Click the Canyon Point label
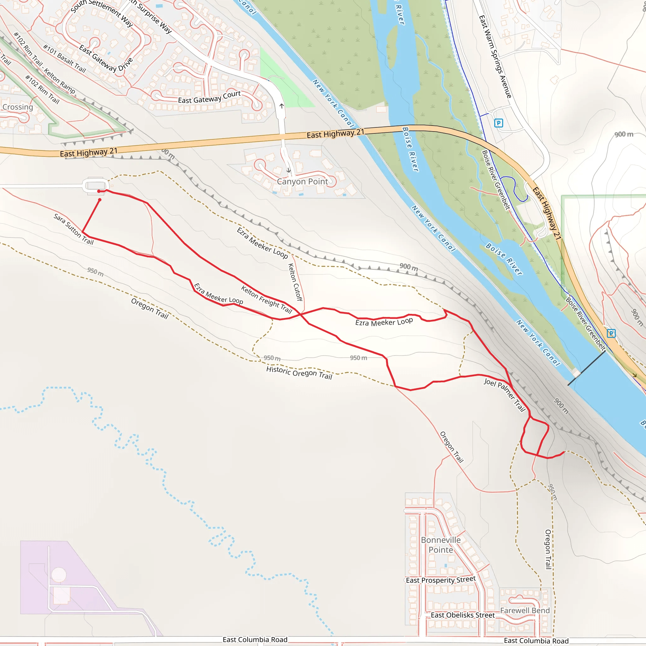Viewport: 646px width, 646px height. click(302, 182)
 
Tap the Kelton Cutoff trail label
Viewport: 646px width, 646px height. click(295, 282)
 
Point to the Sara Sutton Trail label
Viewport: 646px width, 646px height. click(73, 229)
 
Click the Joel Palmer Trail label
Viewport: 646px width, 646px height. click(505, 395)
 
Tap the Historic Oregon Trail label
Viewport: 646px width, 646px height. click(299, 373)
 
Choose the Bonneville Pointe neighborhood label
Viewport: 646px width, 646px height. click(441, 545)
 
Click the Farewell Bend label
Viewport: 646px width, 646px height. click(525, 611)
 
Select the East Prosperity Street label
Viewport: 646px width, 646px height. click(440, 580)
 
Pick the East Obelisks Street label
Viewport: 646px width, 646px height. click(462, 615)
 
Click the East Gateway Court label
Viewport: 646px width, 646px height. click(209, 97)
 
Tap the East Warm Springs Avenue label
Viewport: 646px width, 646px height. click(495, 56)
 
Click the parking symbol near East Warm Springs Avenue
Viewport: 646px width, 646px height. click(498, 123)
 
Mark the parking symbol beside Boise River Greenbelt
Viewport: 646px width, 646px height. click(611, 333)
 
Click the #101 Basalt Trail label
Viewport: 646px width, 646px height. click(65, 59)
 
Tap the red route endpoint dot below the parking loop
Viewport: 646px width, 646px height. click(100, 200)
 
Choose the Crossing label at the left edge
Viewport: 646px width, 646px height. click(17, 107)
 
